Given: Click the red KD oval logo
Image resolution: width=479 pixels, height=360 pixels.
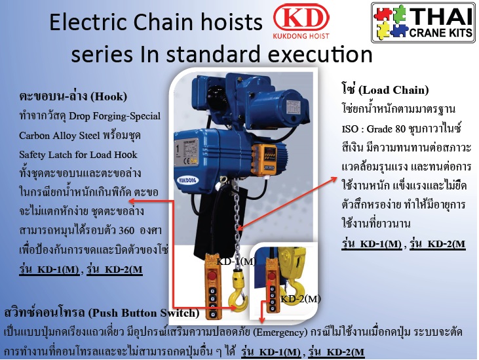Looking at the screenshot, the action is (x=301, y=17).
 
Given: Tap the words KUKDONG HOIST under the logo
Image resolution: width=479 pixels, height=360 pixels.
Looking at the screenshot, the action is (x=301, y=36).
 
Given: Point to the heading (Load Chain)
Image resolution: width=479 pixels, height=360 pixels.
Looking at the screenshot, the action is (x=393, y=90).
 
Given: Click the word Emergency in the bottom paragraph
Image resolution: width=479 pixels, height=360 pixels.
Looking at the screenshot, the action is (x=280, y=332).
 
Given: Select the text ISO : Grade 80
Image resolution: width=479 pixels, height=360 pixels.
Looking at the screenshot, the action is (x=374, y=129).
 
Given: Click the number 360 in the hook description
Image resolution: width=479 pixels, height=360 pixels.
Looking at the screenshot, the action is (x=126, y=230).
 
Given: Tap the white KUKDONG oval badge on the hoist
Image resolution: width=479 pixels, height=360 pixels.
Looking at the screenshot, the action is (x=187, y=180).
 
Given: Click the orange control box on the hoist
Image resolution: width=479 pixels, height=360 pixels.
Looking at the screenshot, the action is (x=263, y=161).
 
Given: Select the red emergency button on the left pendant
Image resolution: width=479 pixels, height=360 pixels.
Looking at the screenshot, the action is (x=212, y=275).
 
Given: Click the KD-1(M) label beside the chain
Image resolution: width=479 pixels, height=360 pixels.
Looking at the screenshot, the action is (x=236, y=261).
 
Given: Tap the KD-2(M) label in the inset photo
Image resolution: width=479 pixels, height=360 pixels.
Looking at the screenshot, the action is (x=301, y=298).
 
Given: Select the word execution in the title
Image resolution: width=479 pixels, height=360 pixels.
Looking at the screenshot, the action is (x=320, y=54).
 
